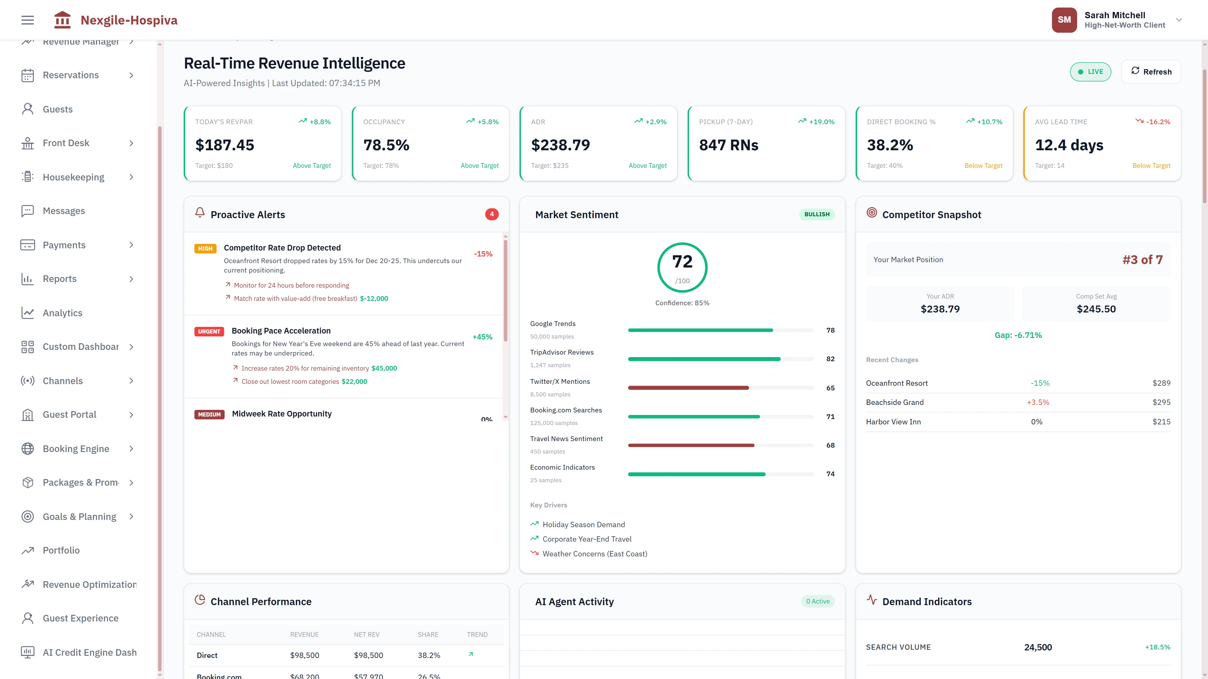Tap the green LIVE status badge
click(x=1090, y=72)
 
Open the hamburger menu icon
click(x=28, y=20)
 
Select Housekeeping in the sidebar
click(x=74, y=177)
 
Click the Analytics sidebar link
click(x=62, y=313)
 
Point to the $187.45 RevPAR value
click(x=225, y=145)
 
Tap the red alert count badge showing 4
click(x=491, y=214)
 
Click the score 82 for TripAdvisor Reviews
click(x=830, y=359)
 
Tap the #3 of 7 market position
click(x=1142, y=260)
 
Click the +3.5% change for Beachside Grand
click(x=1038, y=402)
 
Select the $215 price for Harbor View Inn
click(x=1161, y=422)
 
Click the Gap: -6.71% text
click(x=1018, y=335)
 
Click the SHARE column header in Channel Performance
click(x=428, y=634)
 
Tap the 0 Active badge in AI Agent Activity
click(x=817, y=601)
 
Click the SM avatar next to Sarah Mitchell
click(x=1064, y=20)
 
